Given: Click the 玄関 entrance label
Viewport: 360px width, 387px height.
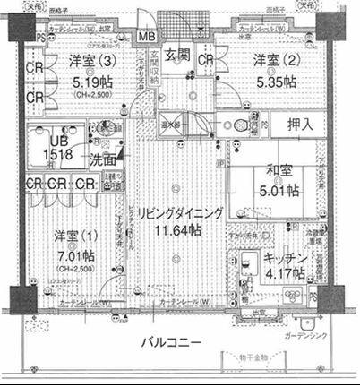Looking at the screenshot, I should coord(177,55).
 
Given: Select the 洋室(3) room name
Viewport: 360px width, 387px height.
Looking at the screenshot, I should coord(93,62).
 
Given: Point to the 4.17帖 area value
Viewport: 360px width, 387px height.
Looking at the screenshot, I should coord(287,273).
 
